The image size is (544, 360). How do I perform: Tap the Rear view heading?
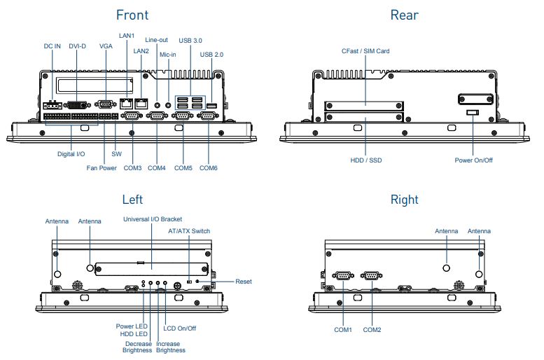404,15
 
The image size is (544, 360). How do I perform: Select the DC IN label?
53,46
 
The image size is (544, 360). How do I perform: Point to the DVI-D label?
78,46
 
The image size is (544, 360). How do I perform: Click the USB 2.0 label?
211,54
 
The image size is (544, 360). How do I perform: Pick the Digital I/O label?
71,153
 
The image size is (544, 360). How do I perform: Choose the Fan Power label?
102,168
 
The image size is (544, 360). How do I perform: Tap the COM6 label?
209,168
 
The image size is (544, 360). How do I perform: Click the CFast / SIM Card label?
365,51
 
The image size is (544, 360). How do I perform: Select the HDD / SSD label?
366,160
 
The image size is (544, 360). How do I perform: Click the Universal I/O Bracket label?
152,220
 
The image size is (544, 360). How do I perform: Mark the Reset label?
244,282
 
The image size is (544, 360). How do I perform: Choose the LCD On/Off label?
180,328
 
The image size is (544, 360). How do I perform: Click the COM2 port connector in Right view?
371,276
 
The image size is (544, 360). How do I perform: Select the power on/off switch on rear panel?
473,111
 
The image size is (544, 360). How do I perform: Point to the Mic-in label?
168,54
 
